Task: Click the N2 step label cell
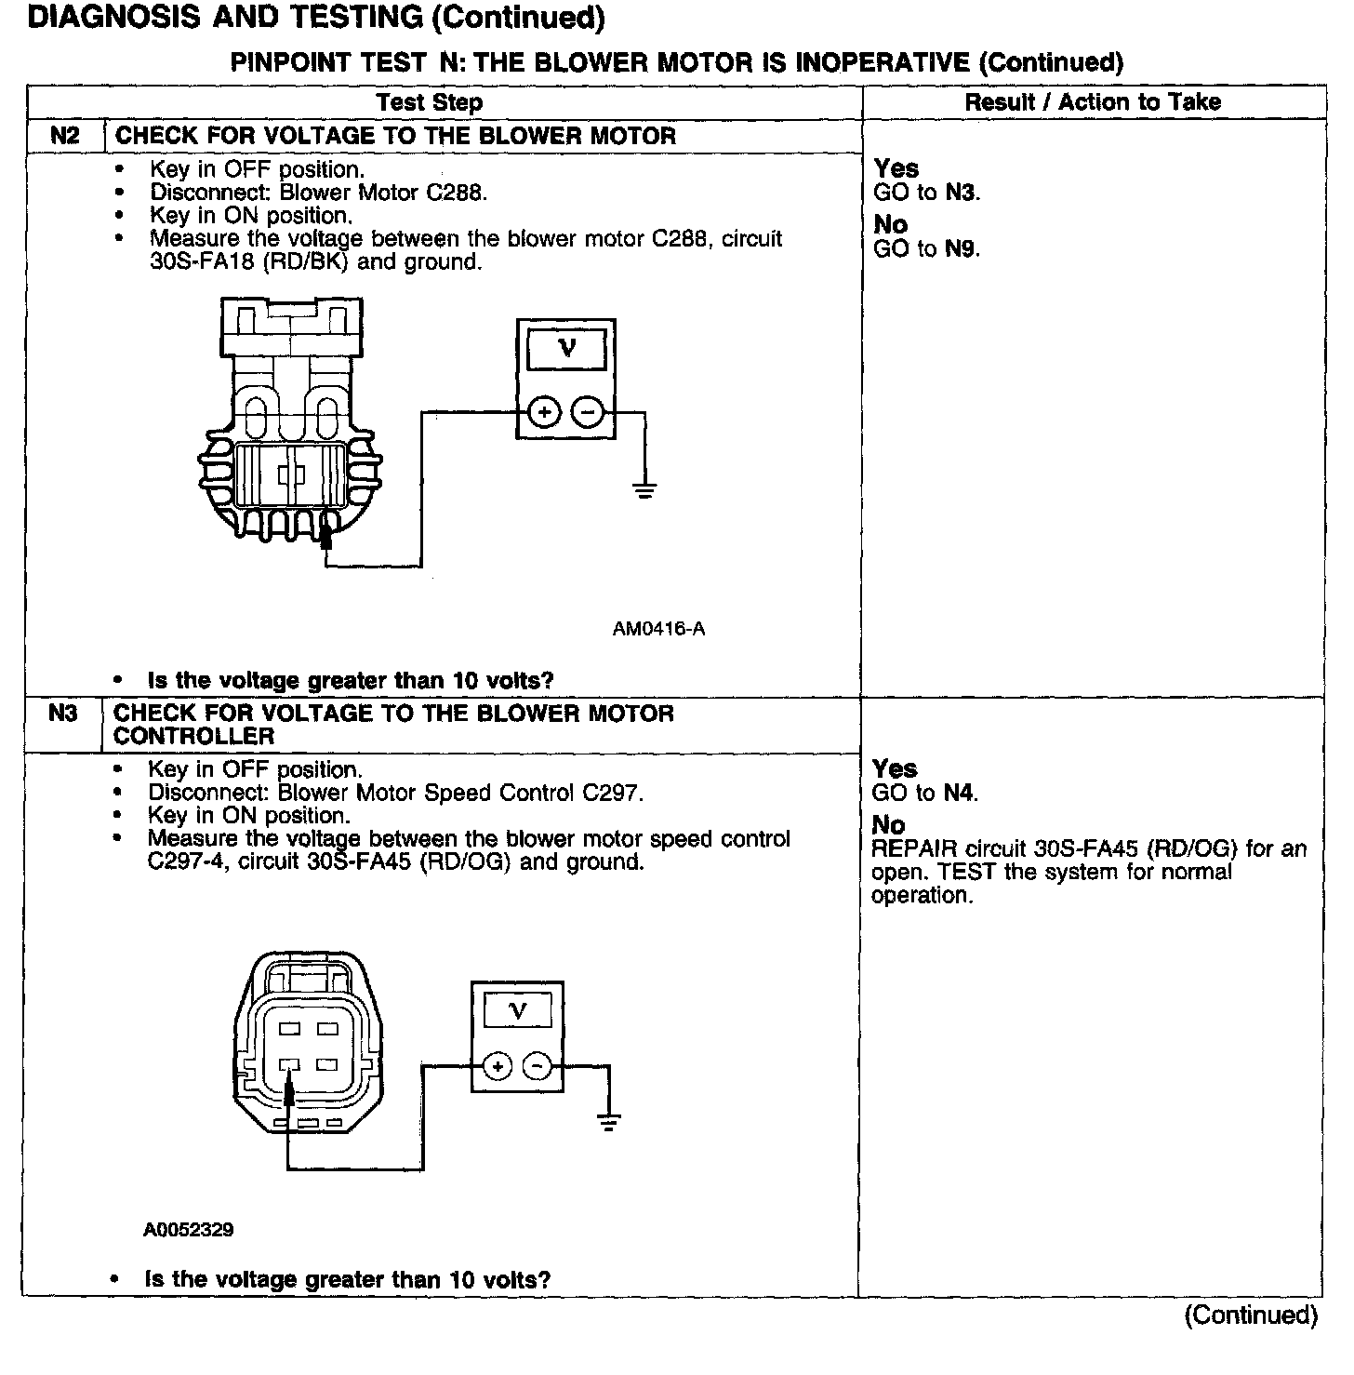65,136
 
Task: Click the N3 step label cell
63,714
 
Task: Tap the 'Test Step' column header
430,102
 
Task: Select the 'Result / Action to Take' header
1093,102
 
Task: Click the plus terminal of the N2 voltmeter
545,412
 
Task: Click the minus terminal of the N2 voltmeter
587,412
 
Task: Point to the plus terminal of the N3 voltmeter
498,1066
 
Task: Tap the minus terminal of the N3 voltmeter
538,1066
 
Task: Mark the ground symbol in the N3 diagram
609,1123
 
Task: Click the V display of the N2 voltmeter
566,350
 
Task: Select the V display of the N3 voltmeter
518,1010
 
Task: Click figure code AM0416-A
658,630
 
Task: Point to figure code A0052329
189,1230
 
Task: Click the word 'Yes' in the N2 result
896,169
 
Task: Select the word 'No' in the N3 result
888,825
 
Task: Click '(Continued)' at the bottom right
1251,1315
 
